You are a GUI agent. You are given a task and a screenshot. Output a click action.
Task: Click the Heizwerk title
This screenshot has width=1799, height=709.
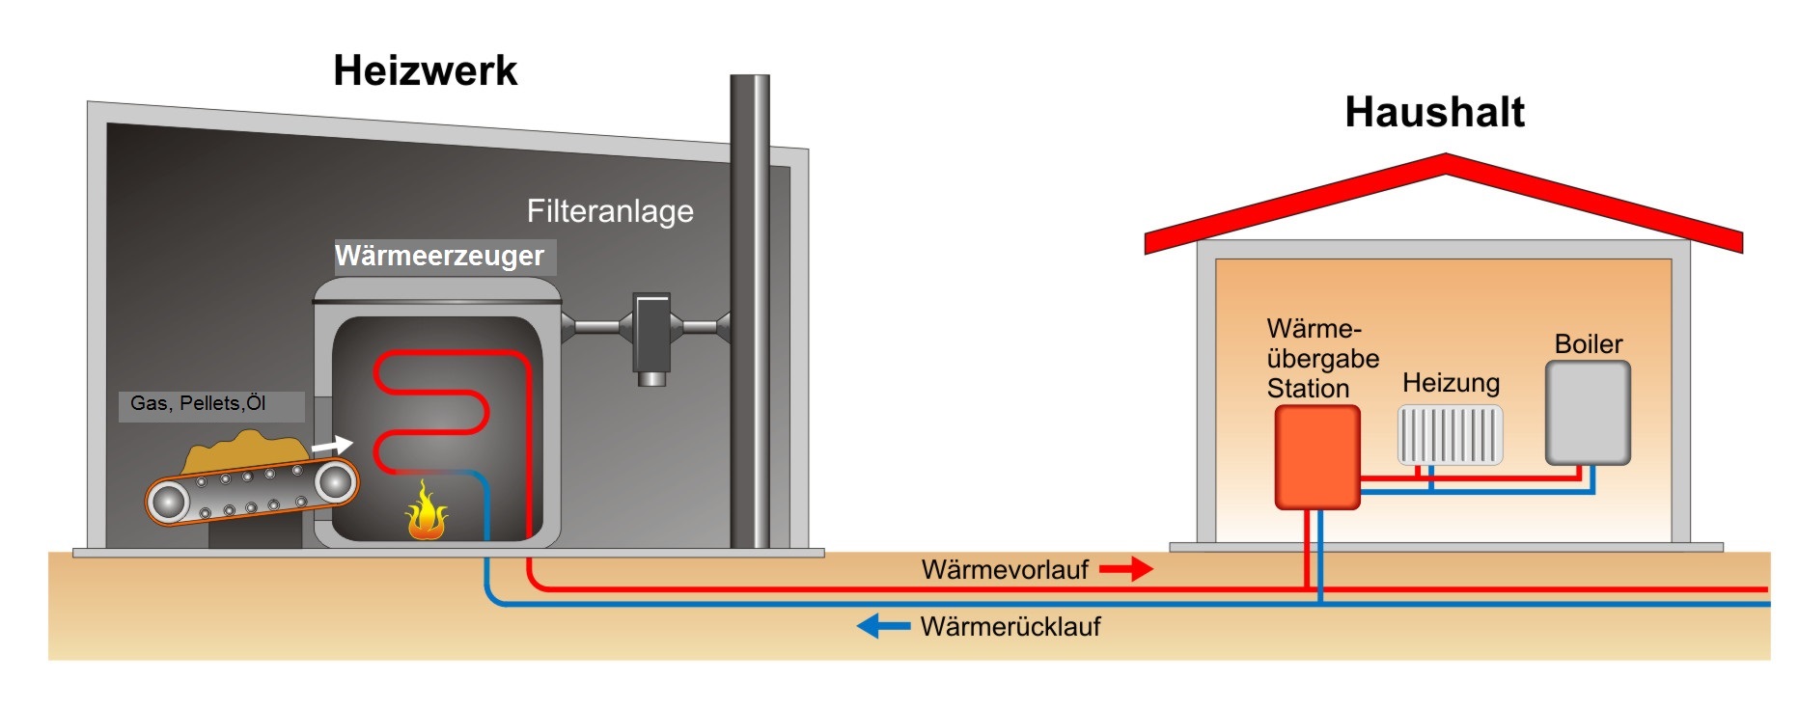pos(425,70)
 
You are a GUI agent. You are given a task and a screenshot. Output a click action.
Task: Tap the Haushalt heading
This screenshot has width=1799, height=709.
pos(1434,112)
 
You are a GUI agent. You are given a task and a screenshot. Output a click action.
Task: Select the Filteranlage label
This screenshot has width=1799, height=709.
pos(610,211)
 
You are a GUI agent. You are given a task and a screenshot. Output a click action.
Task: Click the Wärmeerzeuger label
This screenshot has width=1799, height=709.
pos(440,256)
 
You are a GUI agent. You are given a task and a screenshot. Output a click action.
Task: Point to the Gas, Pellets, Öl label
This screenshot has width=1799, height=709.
pos(199,403)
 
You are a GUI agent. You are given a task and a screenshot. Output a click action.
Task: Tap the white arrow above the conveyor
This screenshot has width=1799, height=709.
pos(332,445)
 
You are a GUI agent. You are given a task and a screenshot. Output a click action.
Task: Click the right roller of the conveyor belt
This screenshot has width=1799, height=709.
pos(335,480)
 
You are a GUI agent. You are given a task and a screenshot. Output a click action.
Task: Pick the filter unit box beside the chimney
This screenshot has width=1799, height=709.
pos(651,333)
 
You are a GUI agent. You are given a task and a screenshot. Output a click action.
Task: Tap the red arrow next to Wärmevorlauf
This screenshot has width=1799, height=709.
pos(1126,569)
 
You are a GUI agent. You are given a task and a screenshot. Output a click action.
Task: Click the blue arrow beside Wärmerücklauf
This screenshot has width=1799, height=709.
pos(882,626)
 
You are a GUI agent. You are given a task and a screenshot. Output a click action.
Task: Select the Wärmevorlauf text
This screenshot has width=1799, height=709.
pos(1005,569)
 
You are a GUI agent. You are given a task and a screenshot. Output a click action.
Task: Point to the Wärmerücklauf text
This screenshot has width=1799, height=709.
pos(1010,627)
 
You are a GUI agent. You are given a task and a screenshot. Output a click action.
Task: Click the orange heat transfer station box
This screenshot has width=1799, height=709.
pos(1317,456)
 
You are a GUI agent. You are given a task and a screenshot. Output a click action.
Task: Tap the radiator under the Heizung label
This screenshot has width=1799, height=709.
pos(1450,434)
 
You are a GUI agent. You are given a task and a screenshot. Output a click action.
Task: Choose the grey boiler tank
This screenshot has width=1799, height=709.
pos(1588,413)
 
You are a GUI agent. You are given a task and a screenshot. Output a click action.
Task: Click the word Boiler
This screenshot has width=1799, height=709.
pos(1588,344)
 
